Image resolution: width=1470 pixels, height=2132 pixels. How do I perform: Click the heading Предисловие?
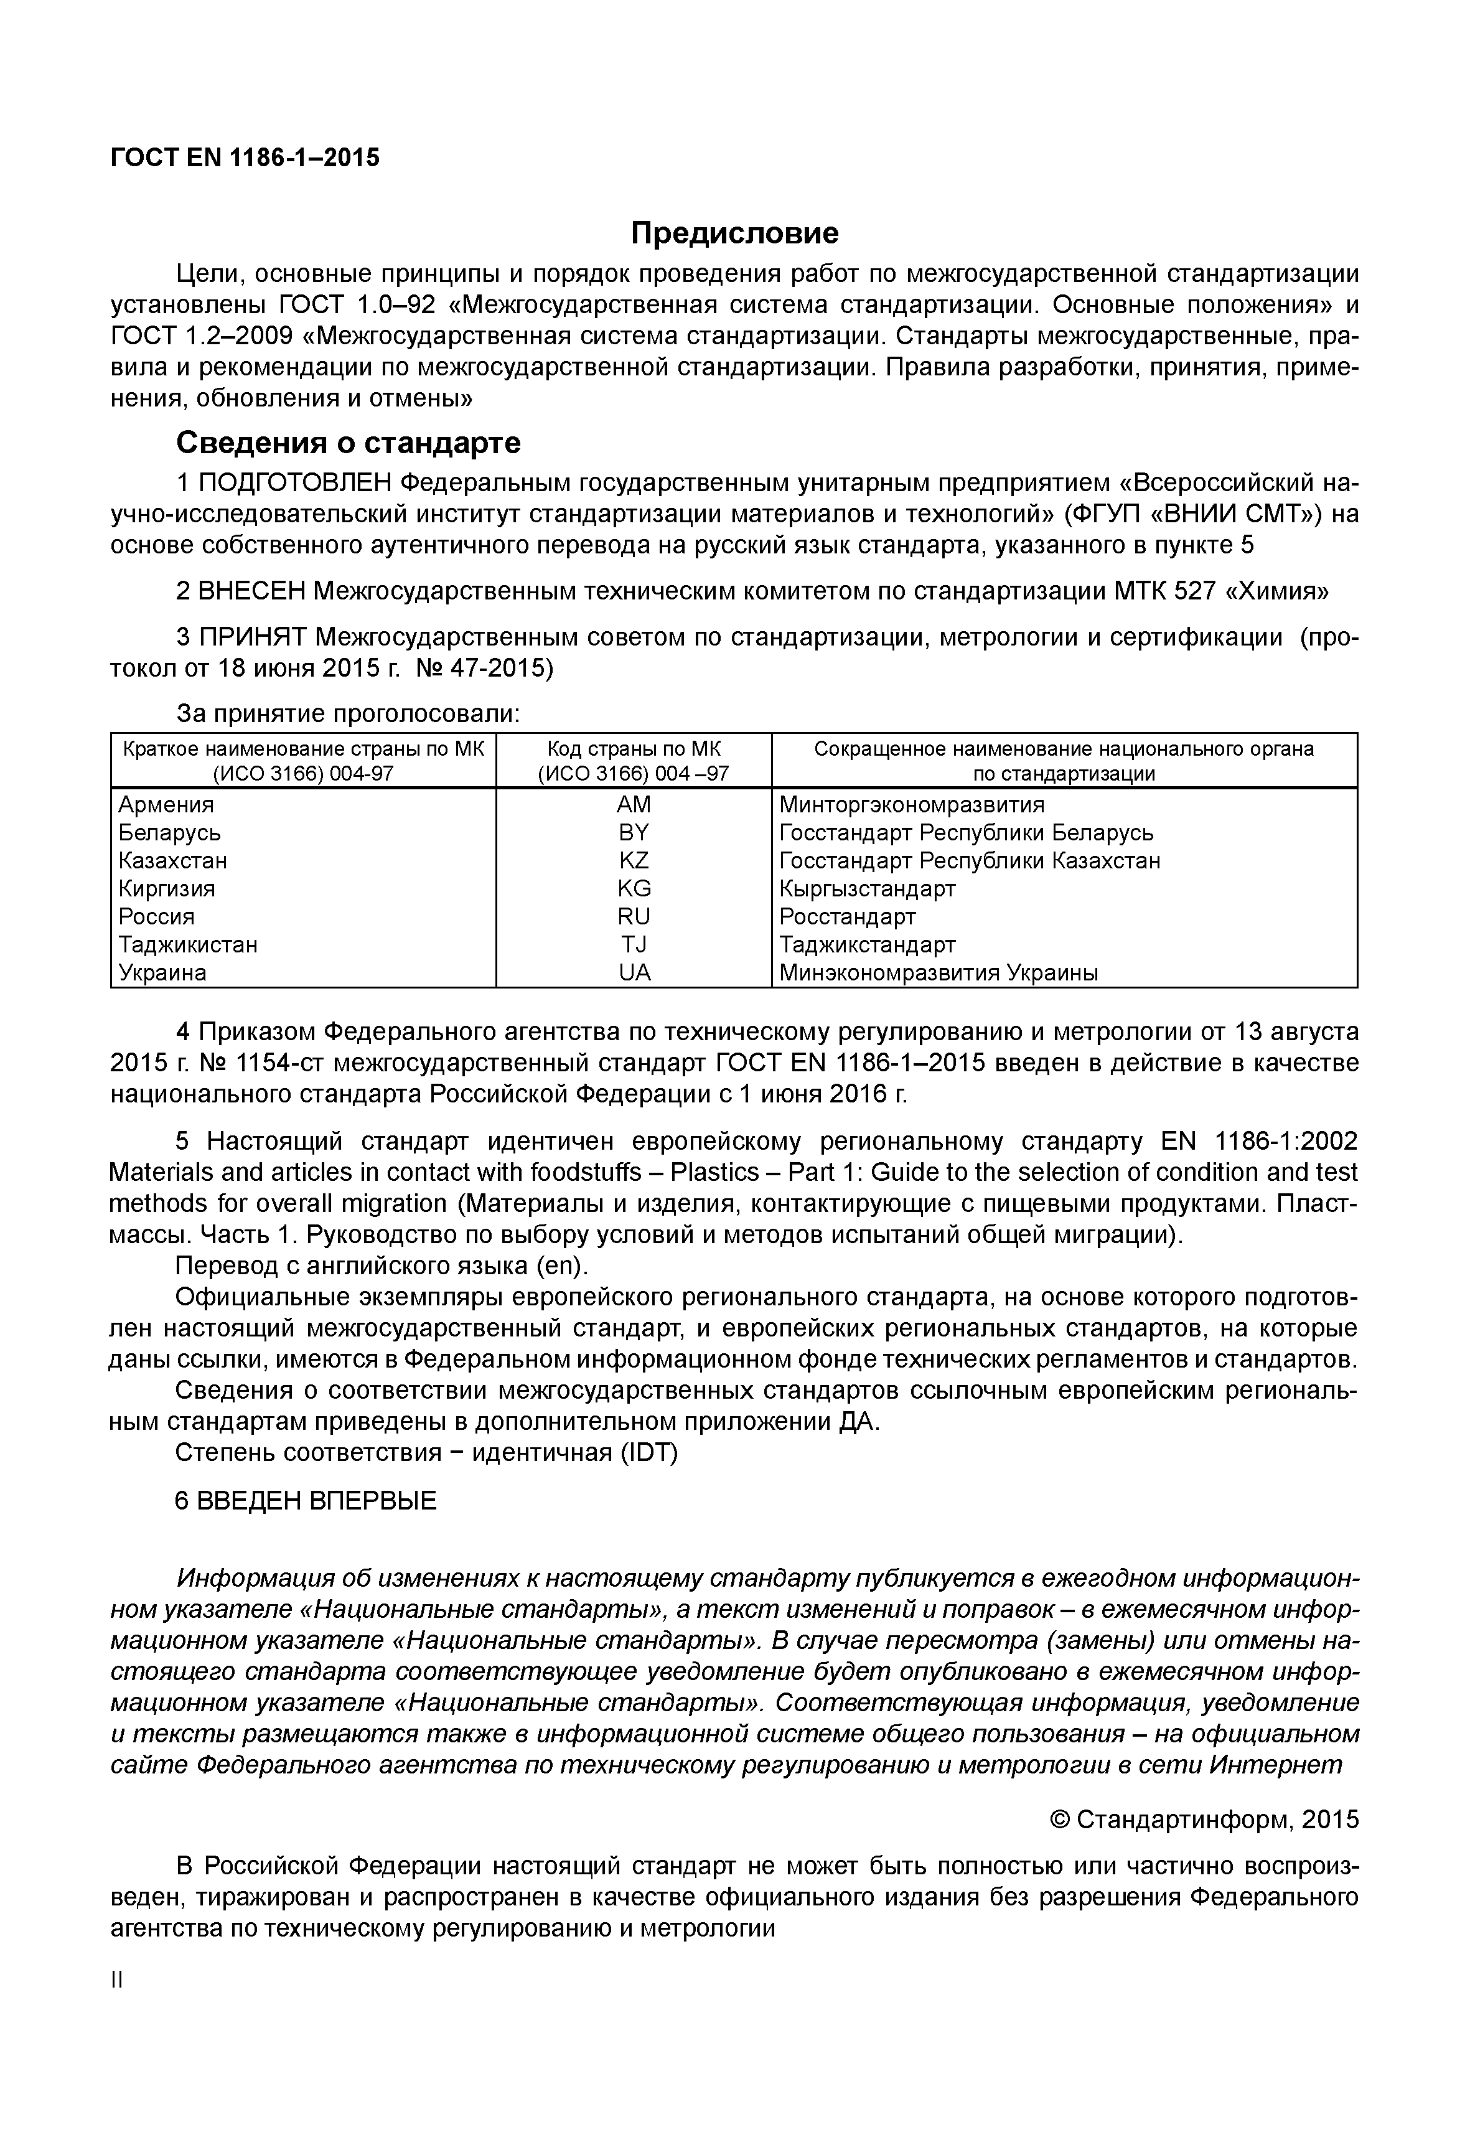734,233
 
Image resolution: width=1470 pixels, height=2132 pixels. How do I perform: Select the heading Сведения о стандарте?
348,443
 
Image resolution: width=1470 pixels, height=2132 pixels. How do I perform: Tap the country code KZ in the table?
634,860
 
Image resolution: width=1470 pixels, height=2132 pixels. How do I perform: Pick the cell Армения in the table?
166,804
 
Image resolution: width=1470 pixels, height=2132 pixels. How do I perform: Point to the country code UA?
634,973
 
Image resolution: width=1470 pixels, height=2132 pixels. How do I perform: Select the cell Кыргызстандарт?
867,889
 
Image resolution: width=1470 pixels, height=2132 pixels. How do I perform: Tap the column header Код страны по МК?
634,749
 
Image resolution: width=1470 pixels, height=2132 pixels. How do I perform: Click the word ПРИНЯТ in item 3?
253,637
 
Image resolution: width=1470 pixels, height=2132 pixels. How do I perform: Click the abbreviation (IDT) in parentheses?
648,1453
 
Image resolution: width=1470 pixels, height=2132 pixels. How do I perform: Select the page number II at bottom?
117,1980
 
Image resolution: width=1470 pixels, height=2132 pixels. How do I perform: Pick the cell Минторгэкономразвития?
912,804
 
